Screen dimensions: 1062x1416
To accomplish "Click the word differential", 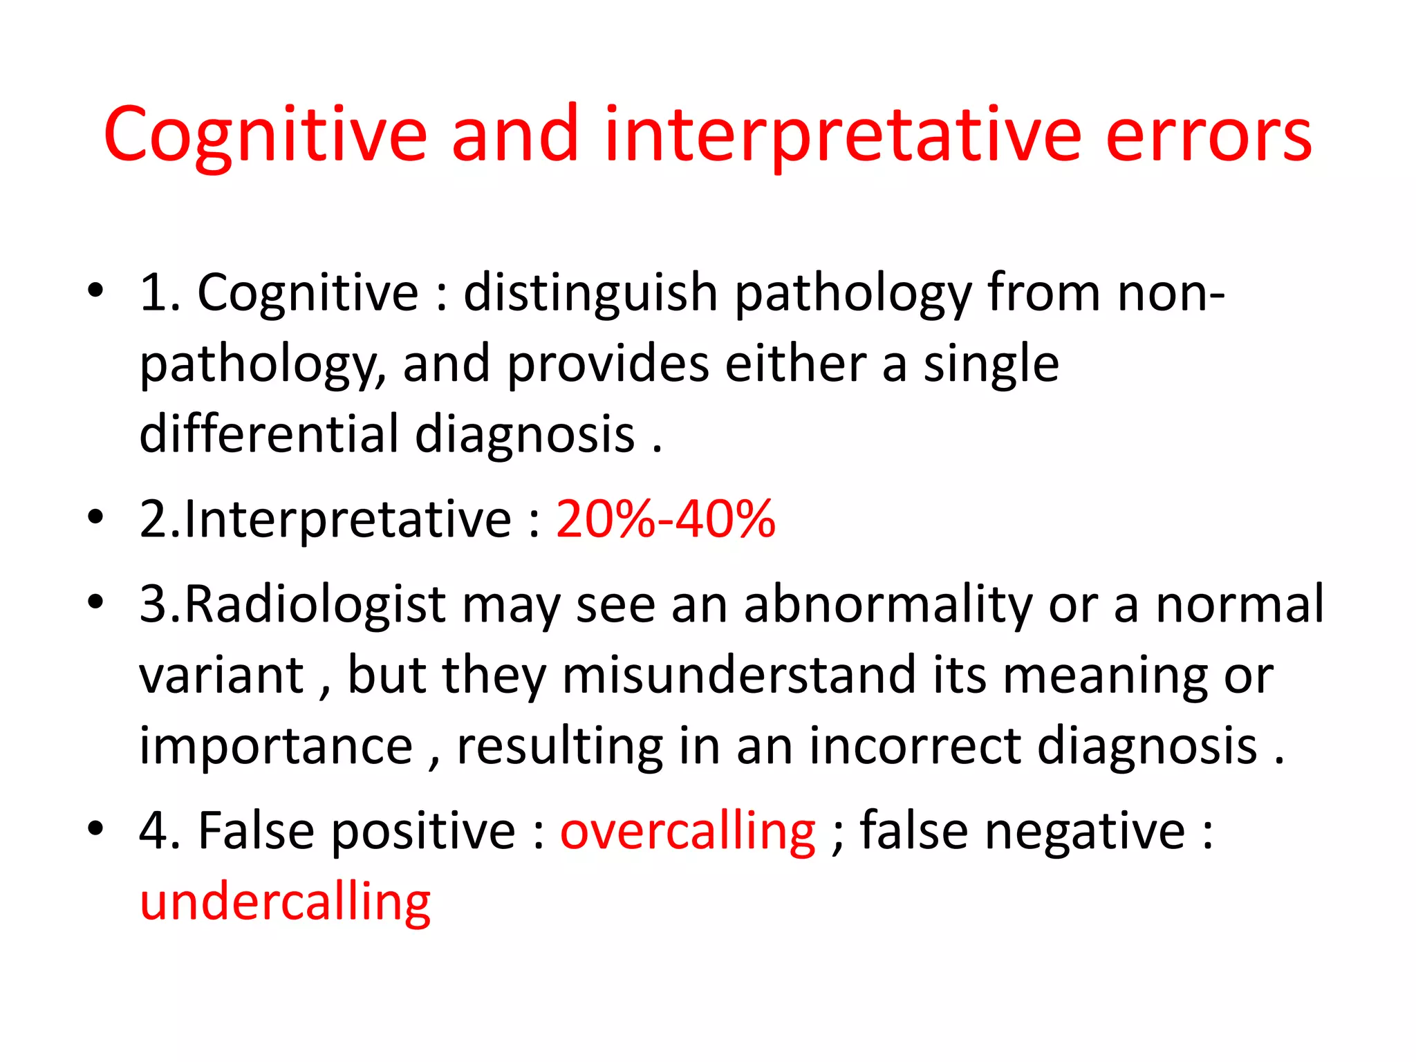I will click(x=270, y=434).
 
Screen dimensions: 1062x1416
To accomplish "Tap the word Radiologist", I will click(x=315, y=604).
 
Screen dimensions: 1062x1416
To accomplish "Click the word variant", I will click(x=222, y=675).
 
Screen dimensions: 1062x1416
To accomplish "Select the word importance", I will click(x=276, y=747).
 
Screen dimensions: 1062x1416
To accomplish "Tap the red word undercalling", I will click(x=285, y=902).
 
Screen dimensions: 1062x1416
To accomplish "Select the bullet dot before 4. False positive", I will click(x=95, y=828).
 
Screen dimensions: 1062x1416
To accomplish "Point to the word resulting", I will click(x=559, y=747).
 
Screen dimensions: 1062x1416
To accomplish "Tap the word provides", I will click(x=608, y=364).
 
